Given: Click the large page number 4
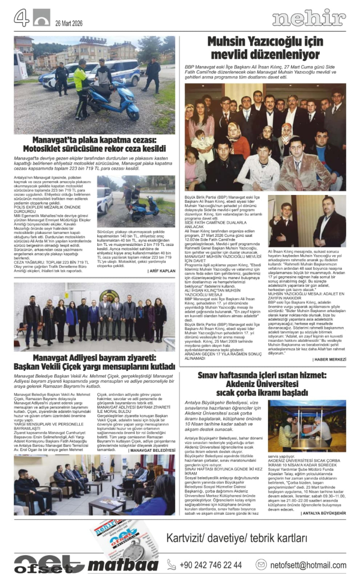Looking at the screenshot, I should pos(22,18).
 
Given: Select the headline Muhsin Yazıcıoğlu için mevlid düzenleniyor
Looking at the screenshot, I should pos(265,48).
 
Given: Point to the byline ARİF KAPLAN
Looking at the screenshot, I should pos(161,271).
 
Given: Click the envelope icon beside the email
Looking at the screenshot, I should pos(261,565).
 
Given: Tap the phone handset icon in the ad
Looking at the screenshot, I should pos(171,565).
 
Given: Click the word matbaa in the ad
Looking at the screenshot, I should pos(123,565).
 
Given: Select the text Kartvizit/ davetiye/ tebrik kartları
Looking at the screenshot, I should pos(237,538).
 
